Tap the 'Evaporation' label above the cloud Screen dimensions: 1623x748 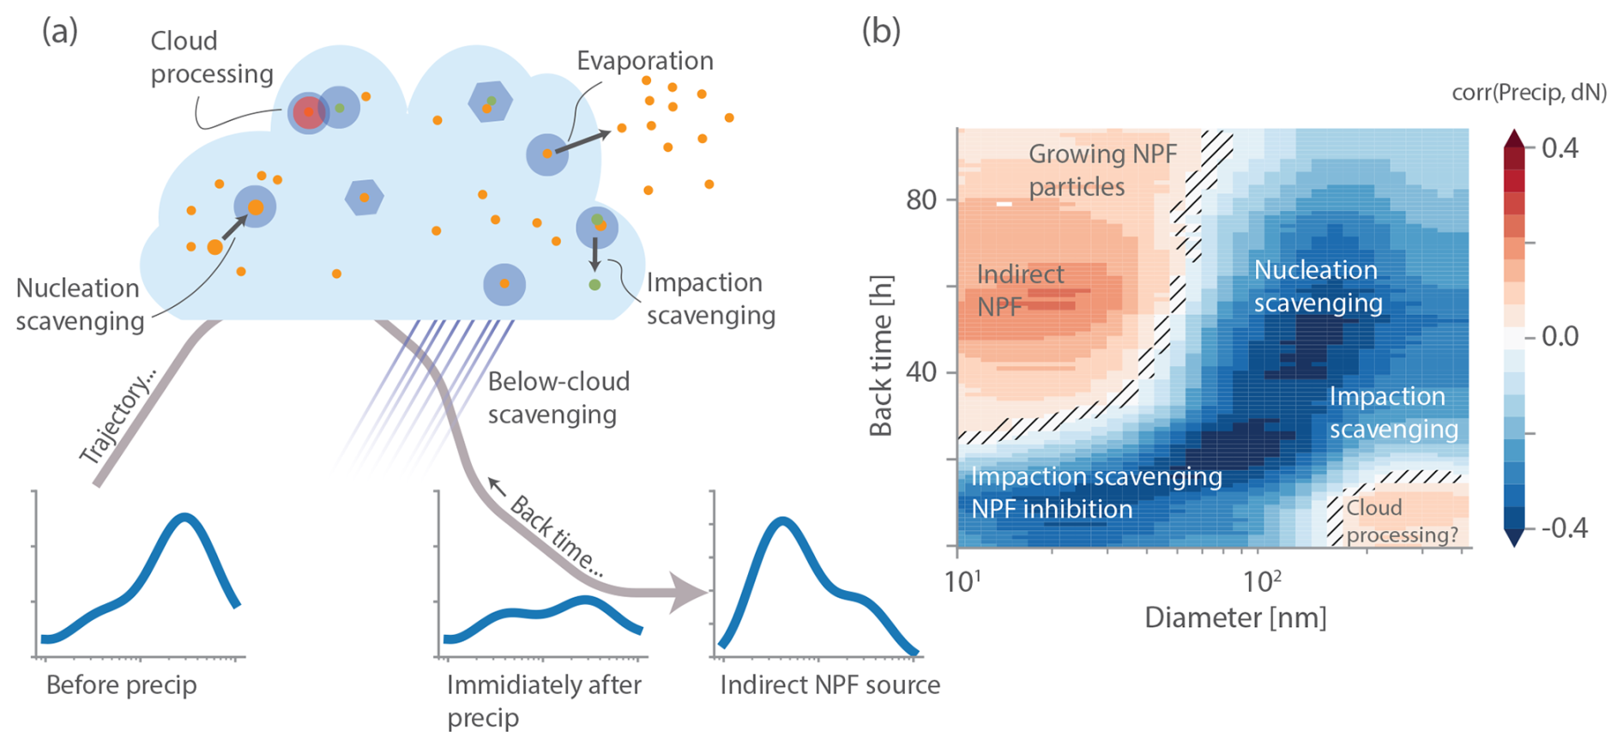click(645, 61)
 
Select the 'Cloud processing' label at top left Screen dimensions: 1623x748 click(212, 57)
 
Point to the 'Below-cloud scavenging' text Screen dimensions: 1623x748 click(559, 398)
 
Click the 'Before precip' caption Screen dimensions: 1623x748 click(122, 685)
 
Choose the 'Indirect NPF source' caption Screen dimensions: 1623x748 click(830, 685)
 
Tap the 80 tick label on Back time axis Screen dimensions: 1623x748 click(920, 200)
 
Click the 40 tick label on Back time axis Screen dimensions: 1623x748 click(920, 372)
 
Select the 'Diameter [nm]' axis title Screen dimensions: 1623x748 click(1235, 618)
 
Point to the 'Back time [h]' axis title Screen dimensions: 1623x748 click(881, 356)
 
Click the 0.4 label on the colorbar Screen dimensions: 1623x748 click(1560, 148)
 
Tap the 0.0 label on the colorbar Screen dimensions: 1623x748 click(1560, 336)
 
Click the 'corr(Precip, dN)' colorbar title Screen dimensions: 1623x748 click(1529, 93)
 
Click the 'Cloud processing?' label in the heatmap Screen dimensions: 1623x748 click(1402, 521)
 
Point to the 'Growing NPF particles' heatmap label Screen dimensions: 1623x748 click(1102, 170)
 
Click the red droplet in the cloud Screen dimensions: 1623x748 click(308, 112)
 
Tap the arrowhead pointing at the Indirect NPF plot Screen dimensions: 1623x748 click(691, 592)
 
